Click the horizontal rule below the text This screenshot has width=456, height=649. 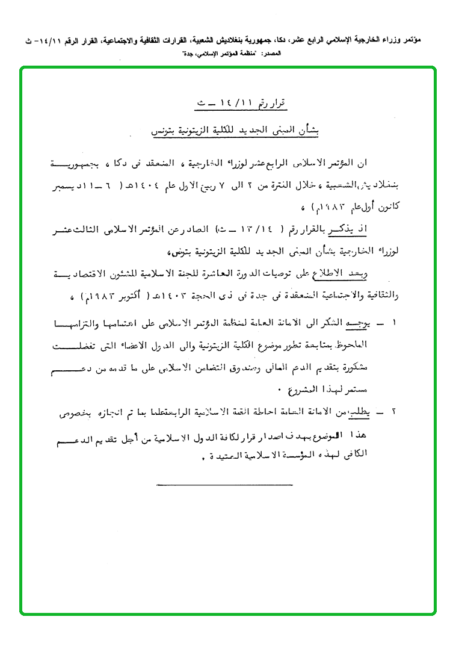click(x=224, y=484)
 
